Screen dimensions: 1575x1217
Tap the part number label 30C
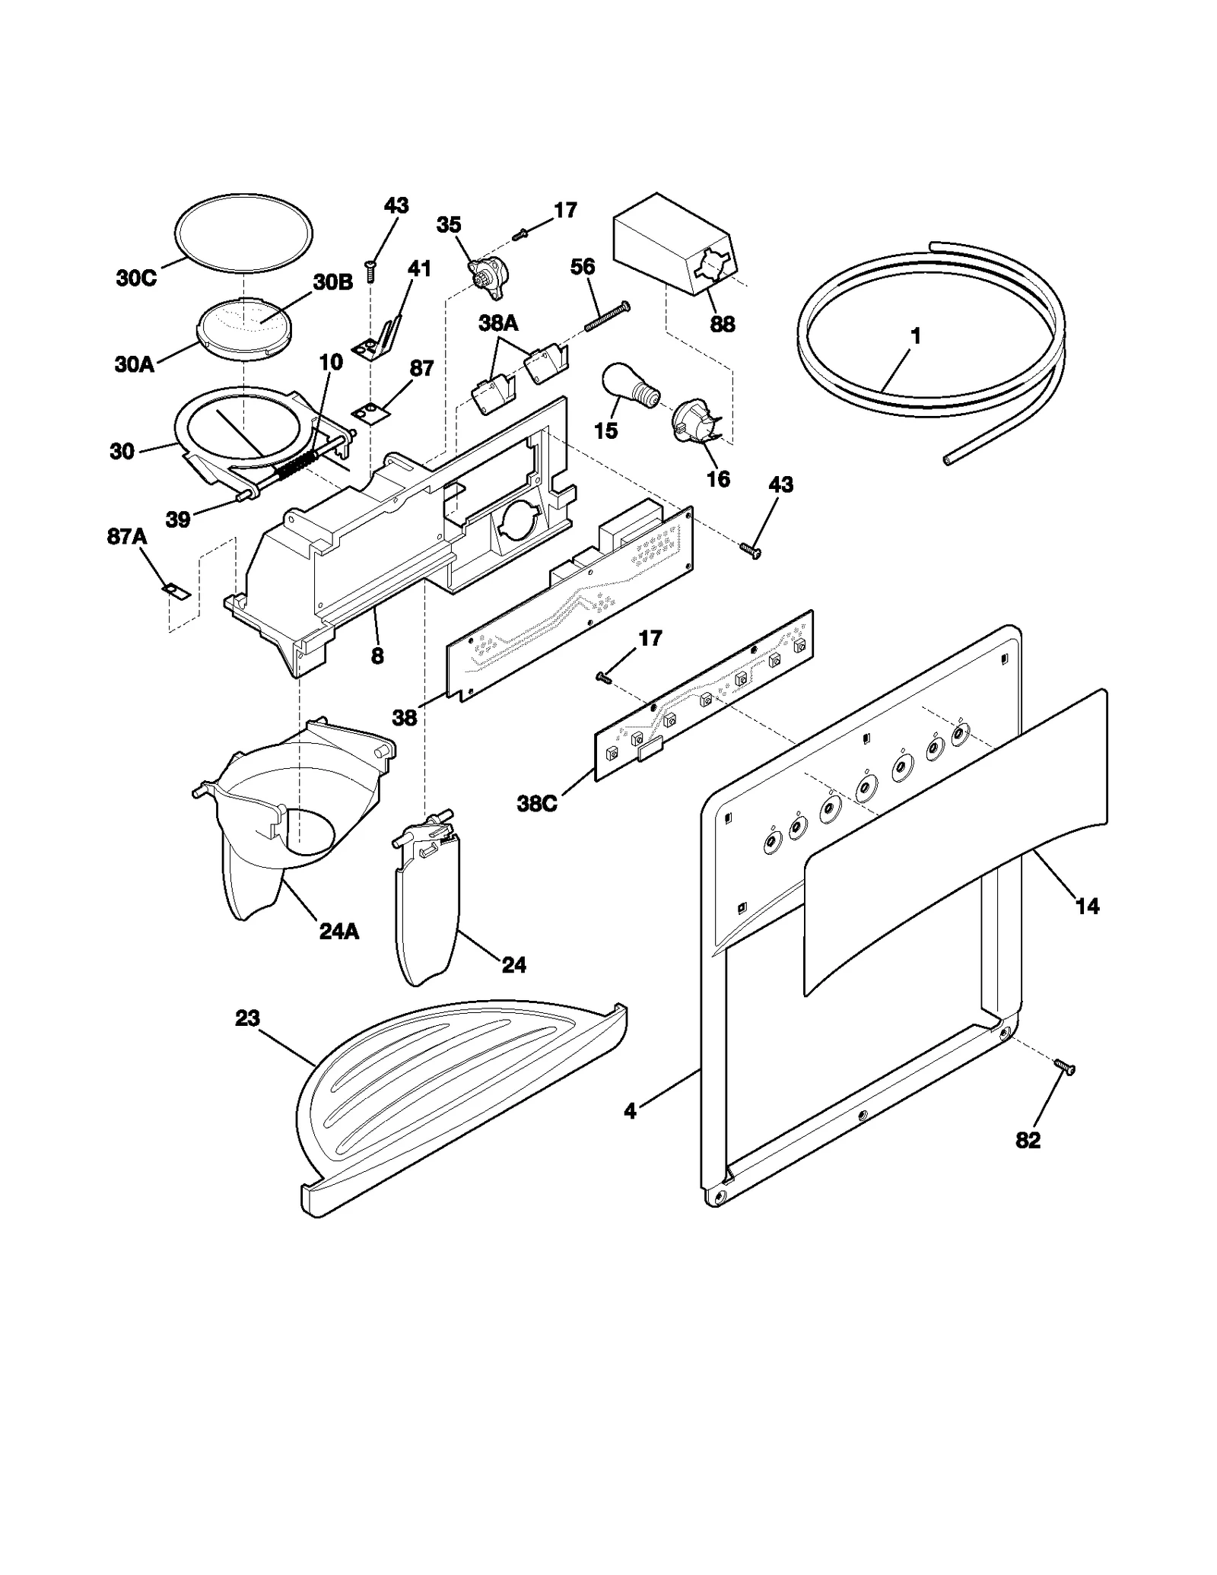(x=136, y=278)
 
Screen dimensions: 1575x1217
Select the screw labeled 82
(x=1064, y=1068)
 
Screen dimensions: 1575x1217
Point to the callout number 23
(x=247, y=1018)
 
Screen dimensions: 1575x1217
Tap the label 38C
(x=537, y=803)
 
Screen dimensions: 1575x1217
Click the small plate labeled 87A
(x=176, y=590)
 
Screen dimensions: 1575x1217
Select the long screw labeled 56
(x=607, y=316)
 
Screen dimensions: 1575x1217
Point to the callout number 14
(x=1087, y=906)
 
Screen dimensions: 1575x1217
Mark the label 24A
(x=339, y=931)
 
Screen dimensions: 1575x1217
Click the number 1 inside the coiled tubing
(x=916, y=335)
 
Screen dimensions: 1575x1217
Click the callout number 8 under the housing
(x=377, y=655)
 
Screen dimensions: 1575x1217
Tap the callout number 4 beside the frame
(x=630, y=1111)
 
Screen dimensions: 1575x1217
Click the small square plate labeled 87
(x=370, y=411)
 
